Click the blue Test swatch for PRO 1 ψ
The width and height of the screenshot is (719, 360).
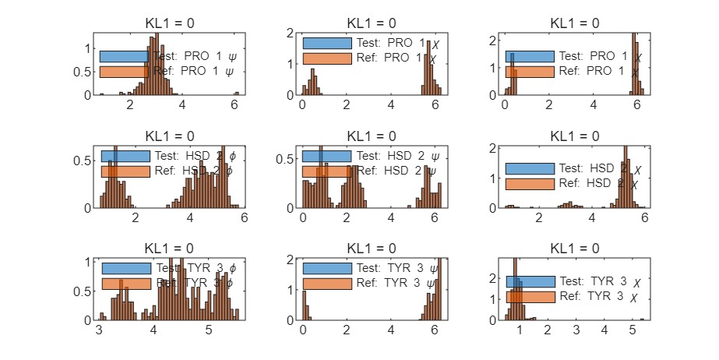pos(123,56)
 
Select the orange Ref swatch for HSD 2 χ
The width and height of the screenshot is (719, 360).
pos(529,184)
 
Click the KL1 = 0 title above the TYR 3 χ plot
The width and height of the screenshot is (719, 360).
pos(574,248)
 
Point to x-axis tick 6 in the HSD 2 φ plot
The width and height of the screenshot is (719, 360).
pos(244,219)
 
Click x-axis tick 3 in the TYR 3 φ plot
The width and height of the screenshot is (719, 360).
pos(99,330)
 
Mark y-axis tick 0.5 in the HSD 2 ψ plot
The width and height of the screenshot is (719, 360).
pos(289,160)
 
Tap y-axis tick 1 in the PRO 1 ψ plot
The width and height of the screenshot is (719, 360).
pos(87,48)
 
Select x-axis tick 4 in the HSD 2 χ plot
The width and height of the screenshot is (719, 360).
pos(592,219)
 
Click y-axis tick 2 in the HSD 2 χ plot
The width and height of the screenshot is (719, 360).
pos(492,147)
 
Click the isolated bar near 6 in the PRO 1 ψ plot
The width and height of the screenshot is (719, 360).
pos(237,94)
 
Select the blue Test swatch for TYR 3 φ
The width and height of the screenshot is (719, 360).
pos(125,268)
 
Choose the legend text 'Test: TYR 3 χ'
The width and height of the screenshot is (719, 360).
pos(600,281)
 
